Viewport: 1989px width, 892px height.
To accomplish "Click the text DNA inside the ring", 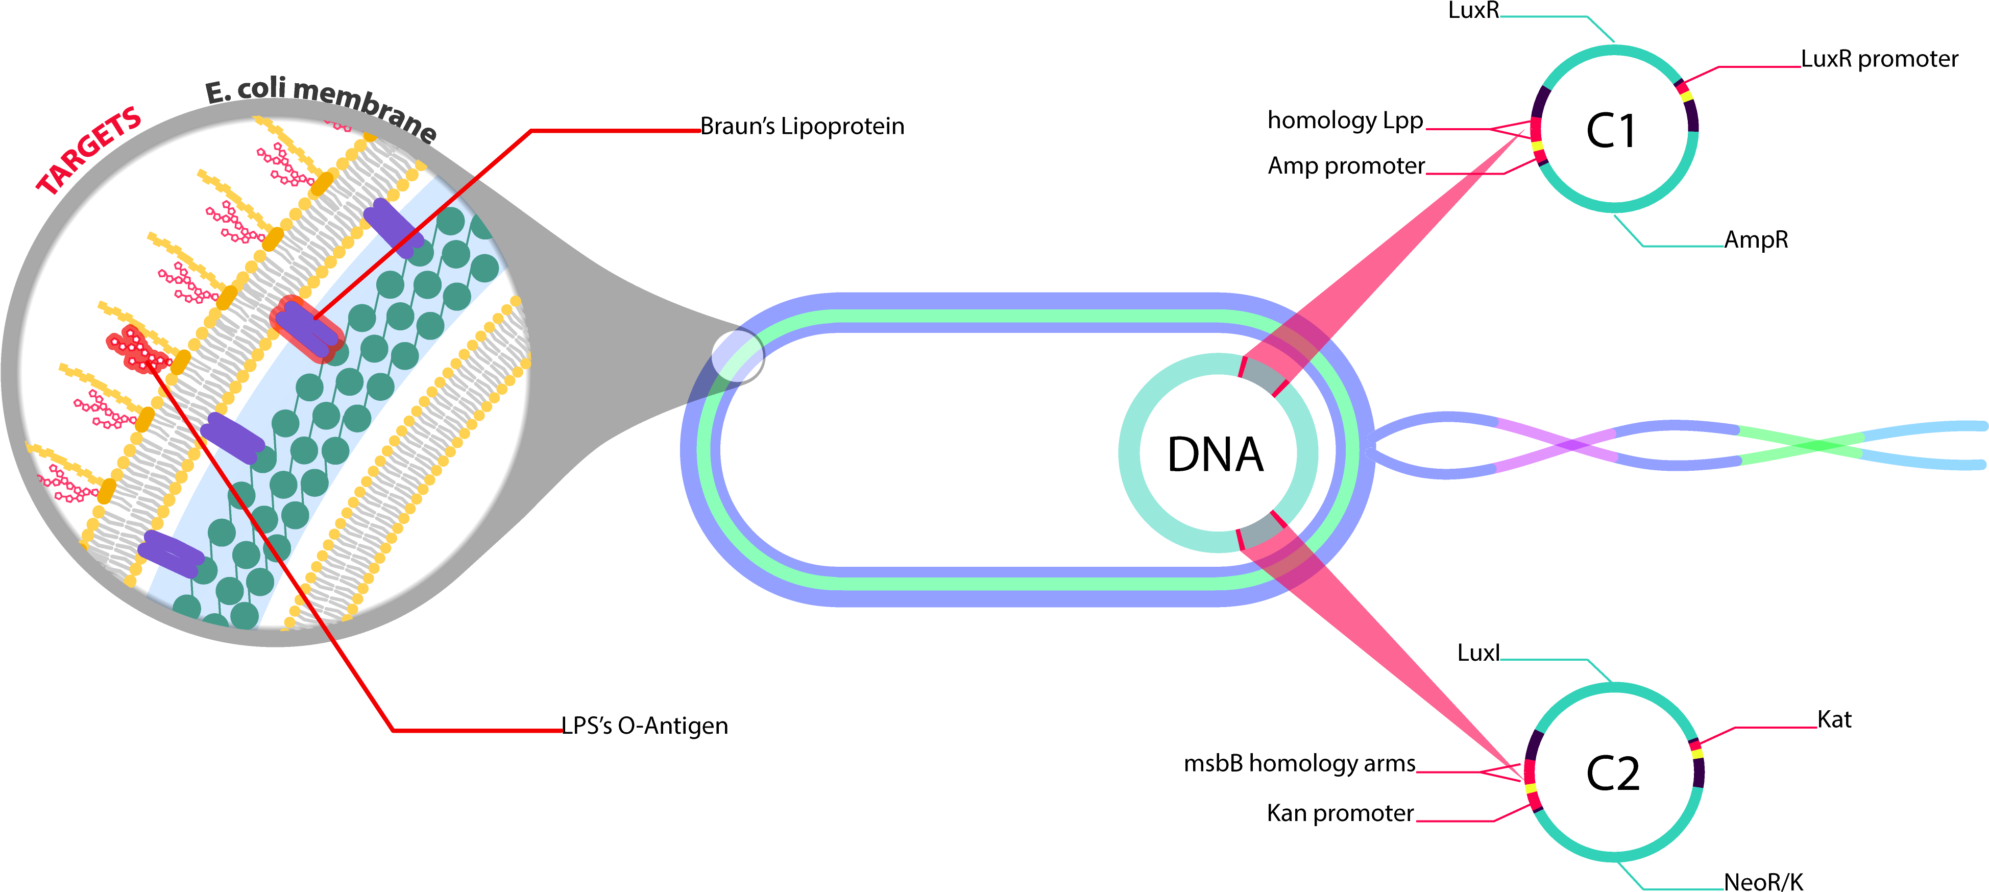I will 1215,455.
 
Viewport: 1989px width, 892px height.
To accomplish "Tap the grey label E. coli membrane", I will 321,108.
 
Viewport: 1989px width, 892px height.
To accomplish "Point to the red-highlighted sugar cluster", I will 137,350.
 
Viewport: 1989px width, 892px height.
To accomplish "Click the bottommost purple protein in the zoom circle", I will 172,554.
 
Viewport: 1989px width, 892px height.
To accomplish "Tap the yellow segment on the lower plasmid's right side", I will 1696,752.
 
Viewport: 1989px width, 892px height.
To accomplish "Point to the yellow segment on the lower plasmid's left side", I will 1531,788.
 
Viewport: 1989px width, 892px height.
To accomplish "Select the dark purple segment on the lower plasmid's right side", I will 1698,773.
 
